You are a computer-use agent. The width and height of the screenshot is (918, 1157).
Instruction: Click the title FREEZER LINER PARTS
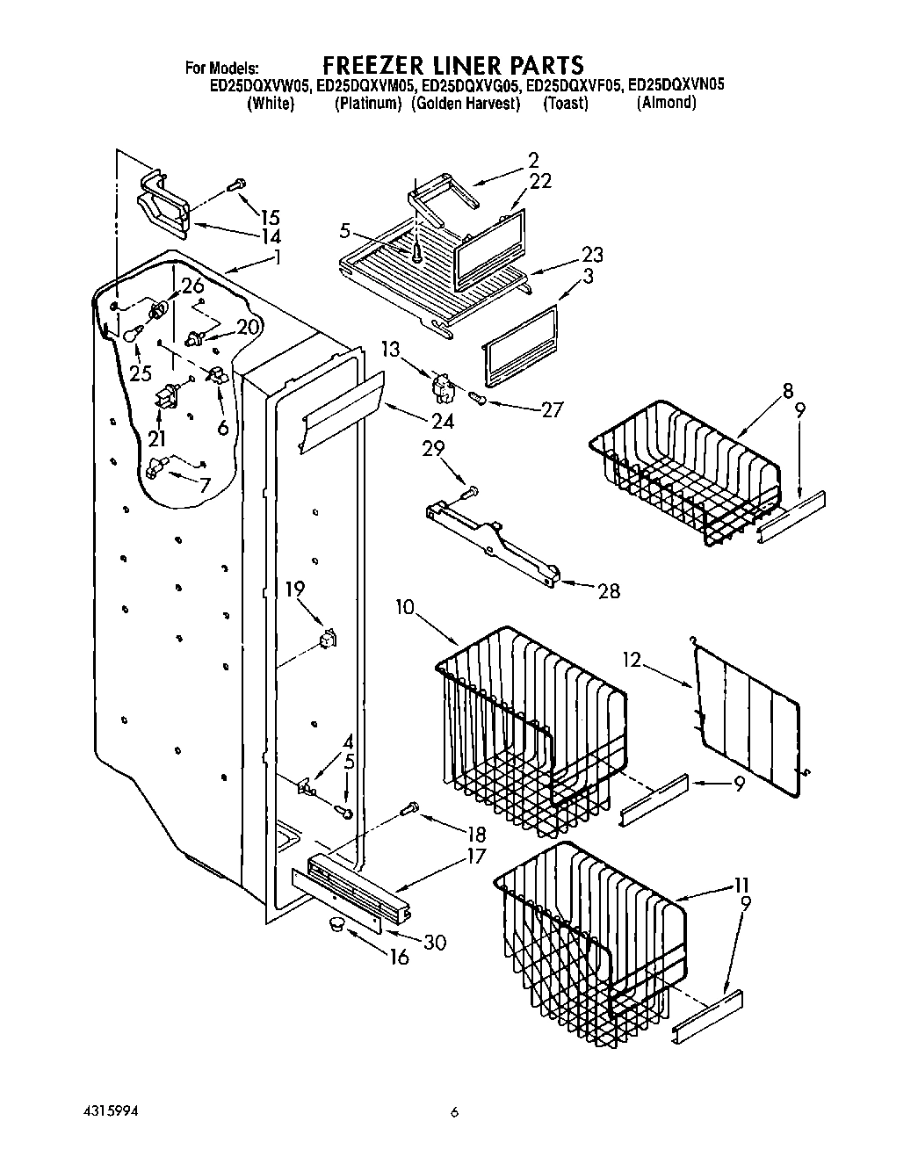point(452,65)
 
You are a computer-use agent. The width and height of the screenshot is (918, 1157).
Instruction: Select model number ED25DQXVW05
point(259,86)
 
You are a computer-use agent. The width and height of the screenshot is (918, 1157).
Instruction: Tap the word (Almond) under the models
point(666,103)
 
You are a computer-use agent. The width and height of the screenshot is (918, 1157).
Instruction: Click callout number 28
point(607,591)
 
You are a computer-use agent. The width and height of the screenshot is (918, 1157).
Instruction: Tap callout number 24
point(442,421)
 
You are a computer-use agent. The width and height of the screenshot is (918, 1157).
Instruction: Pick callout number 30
point(434,943)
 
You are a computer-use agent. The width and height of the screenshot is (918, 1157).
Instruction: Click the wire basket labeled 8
point(685,474)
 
